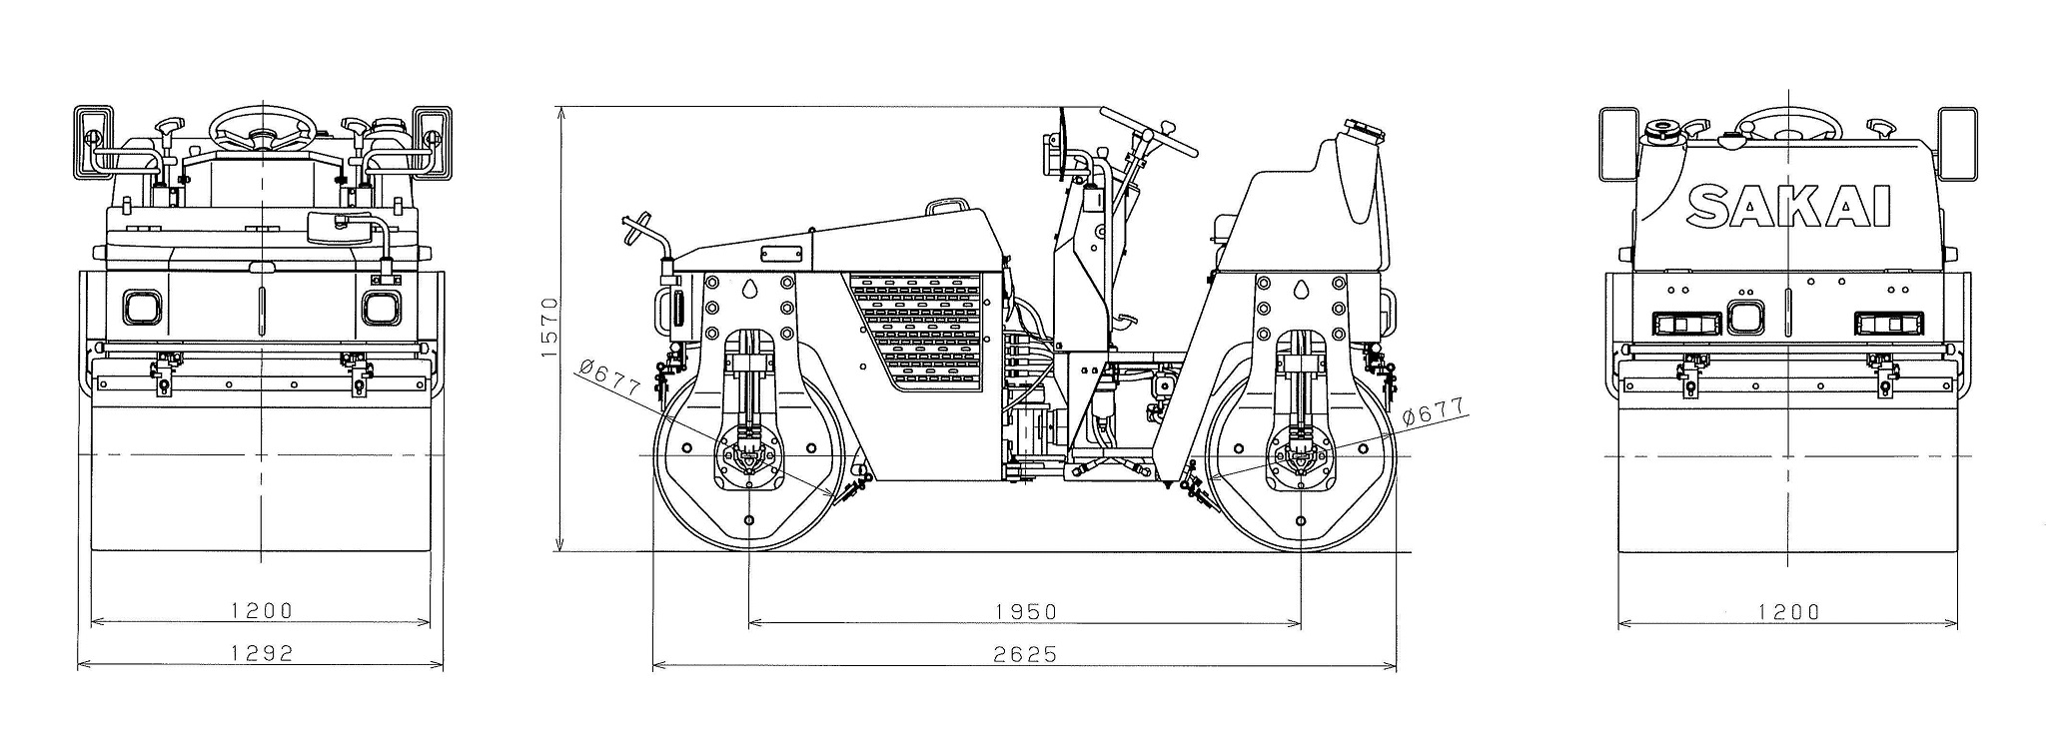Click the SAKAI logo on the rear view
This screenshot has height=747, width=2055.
pyautogui.click(x=1788, y=208)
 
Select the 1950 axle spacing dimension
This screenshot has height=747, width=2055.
pyautogui.click(x=1025, y=610)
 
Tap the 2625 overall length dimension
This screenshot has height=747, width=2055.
pyautogui.click(x=1025, y=654)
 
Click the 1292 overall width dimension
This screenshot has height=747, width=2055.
pyautogui.click(x=262, y=653)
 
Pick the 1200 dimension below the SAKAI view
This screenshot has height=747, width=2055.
pyautogui.click(x=1788, y=611)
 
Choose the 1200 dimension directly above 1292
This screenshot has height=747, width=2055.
pyautogui.click(x=262, y=610)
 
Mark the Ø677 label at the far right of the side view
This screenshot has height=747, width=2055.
pyautogui.click(x=1433, y=412)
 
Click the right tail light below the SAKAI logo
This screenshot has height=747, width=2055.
pyautogui.click(x=1889, y=323)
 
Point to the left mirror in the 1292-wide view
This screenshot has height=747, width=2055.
pyautogui.click(x=92, y=142)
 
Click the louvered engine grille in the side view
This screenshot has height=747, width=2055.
pyautogui.click(x=924, y=330)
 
